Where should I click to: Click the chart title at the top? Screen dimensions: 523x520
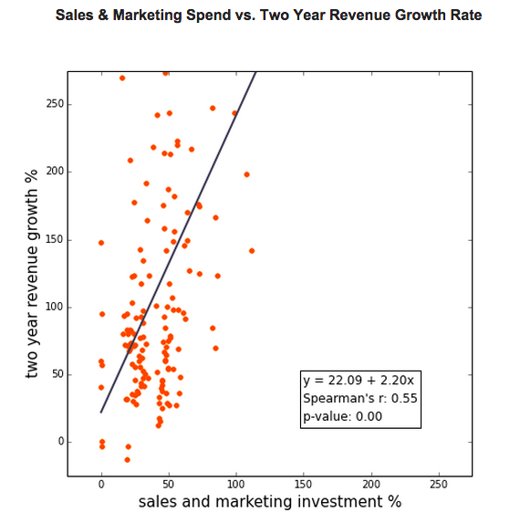268,16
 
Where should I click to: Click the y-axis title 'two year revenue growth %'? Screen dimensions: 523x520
33,274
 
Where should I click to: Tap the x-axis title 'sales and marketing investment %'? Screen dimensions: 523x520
269,502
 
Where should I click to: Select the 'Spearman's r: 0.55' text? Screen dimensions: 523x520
359,398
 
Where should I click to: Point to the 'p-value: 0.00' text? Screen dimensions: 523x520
342,416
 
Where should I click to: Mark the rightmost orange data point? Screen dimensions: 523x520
252,250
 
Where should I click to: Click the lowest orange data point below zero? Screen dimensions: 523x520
127,459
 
